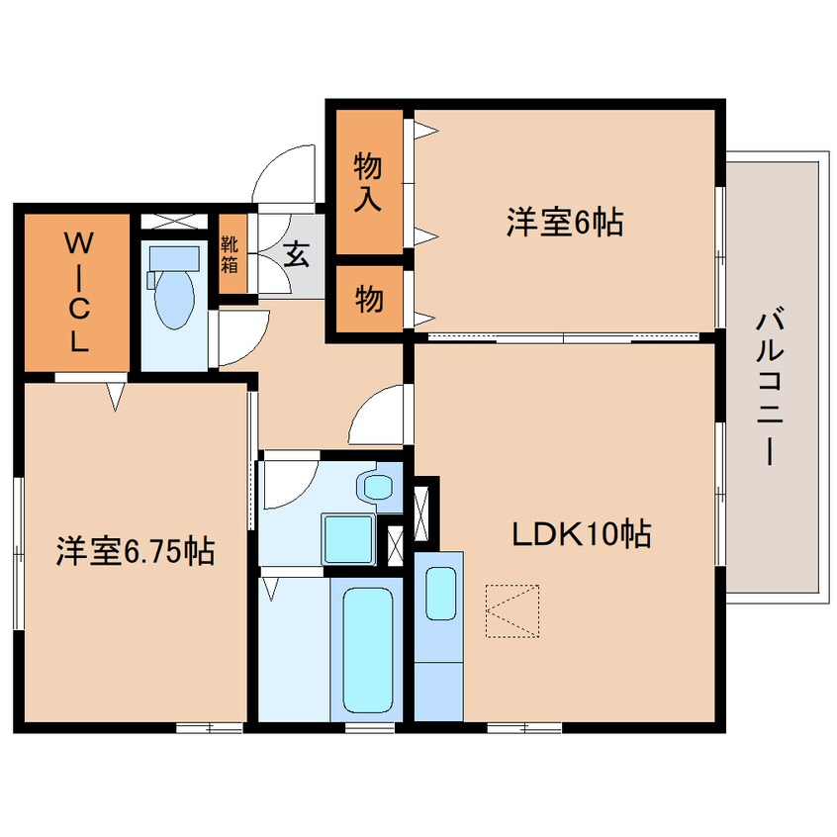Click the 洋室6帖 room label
coord(564,224)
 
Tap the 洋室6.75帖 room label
coord(136,551)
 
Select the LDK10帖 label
coord(580,535)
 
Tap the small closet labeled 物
coord(368,299)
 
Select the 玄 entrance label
coord(297,255)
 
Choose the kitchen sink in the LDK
coord(439,596)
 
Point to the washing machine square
coord(349,540)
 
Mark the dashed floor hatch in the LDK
coord(513,610)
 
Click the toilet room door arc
coord(235,338)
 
